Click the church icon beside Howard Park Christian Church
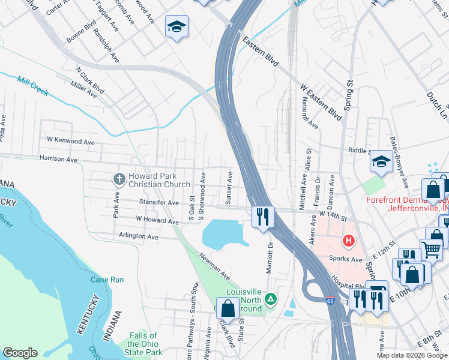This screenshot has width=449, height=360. point(119,179)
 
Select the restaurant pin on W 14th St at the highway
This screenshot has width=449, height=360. point(262,217)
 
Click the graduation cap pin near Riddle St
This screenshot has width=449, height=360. point(381,161)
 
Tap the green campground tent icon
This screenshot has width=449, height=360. point(271,298)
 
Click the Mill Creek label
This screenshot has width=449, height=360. point(33,86)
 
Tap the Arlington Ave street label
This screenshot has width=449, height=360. point(139,236)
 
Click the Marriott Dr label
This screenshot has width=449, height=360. point(270,256)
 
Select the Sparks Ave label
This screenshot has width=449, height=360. point(345,259)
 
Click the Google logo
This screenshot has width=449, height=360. point(20,353)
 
